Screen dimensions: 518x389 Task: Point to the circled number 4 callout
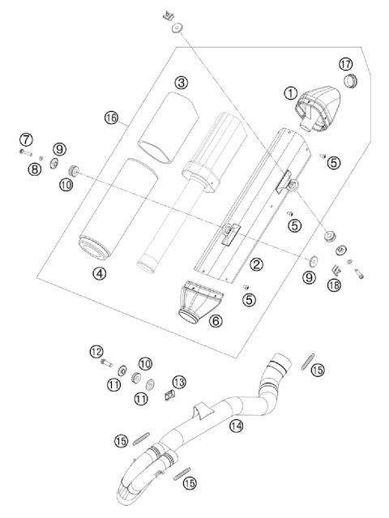tap(100, 273)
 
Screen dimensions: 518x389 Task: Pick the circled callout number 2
tap(256, 263)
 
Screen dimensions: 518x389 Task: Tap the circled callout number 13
tap(179, 381)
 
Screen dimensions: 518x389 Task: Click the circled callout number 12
tap(96, 352)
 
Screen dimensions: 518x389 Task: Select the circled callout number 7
tap(27, 139)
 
